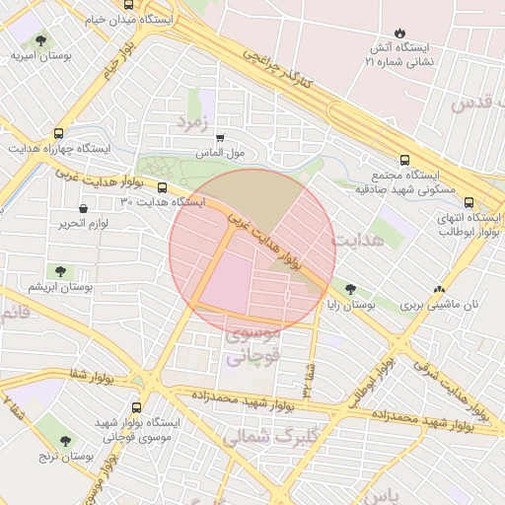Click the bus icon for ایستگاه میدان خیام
tap(129, 5)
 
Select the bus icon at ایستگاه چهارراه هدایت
tap(60, 132)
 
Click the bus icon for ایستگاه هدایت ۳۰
tap(163, 186)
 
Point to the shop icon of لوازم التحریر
tap(82, 209)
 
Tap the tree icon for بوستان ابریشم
tap(60, 271)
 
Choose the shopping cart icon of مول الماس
tap(219, 139)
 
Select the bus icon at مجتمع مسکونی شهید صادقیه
tap(404, 160)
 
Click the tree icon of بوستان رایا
tap(350, 290)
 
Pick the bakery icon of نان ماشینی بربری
tap(439, 290)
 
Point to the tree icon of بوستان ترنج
tap(66, 442)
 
